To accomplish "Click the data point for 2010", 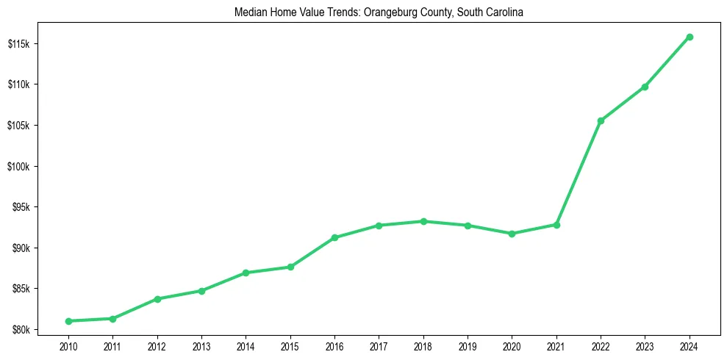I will (x=68, y=321).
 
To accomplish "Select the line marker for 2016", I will (x=334, y=237).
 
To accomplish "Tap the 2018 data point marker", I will (x=423, y=221).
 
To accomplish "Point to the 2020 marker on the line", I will (x=512, y=234).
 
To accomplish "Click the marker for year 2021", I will (x=556, y=225).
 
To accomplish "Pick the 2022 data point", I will (x=601, y=120).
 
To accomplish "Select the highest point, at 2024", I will (x=690, y=37).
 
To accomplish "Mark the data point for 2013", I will (x=201, y=291).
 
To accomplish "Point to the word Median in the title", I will (x=248, y=12).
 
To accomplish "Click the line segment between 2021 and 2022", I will (x=579, y=173).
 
